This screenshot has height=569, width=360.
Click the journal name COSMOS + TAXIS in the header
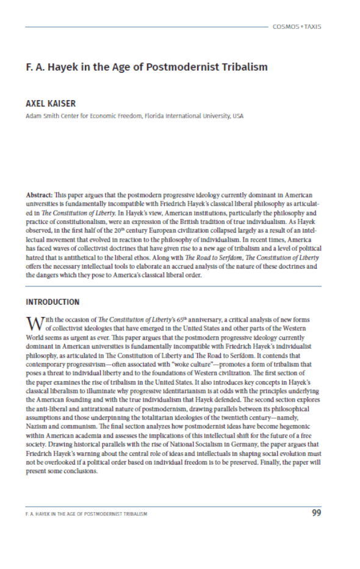[298, 27]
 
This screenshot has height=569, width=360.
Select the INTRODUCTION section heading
[52, 302]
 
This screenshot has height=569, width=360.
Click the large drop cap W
[34, 322]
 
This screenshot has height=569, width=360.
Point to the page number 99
[316, 513]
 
